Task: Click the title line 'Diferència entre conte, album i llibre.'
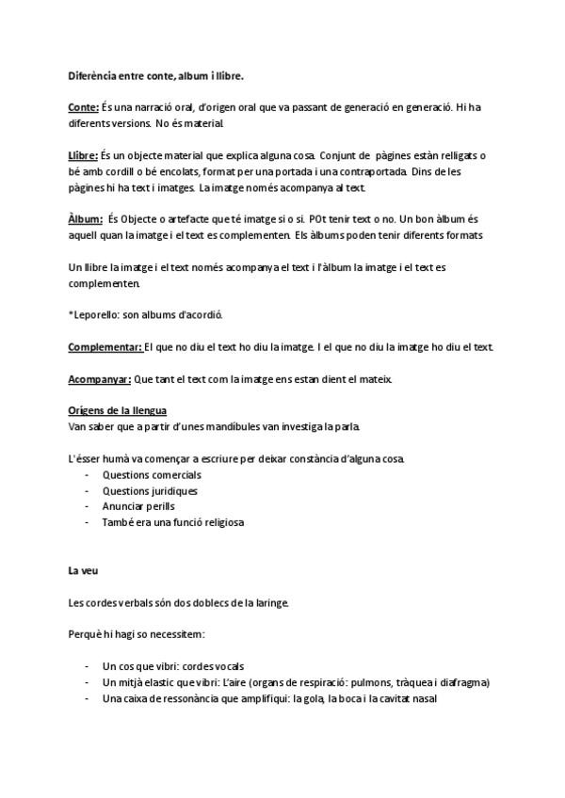[156, 75]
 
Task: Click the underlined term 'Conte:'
[84, 108]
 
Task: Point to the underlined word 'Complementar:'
[105, 347]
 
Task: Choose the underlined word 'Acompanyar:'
[100, 379]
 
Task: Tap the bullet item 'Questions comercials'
[152, 475]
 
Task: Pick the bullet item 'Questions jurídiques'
[150, 491]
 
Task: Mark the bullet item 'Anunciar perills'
[138, 507]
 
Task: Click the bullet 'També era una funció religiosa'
[173, 522]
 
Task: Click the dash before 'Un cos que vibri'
[88, 667]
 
